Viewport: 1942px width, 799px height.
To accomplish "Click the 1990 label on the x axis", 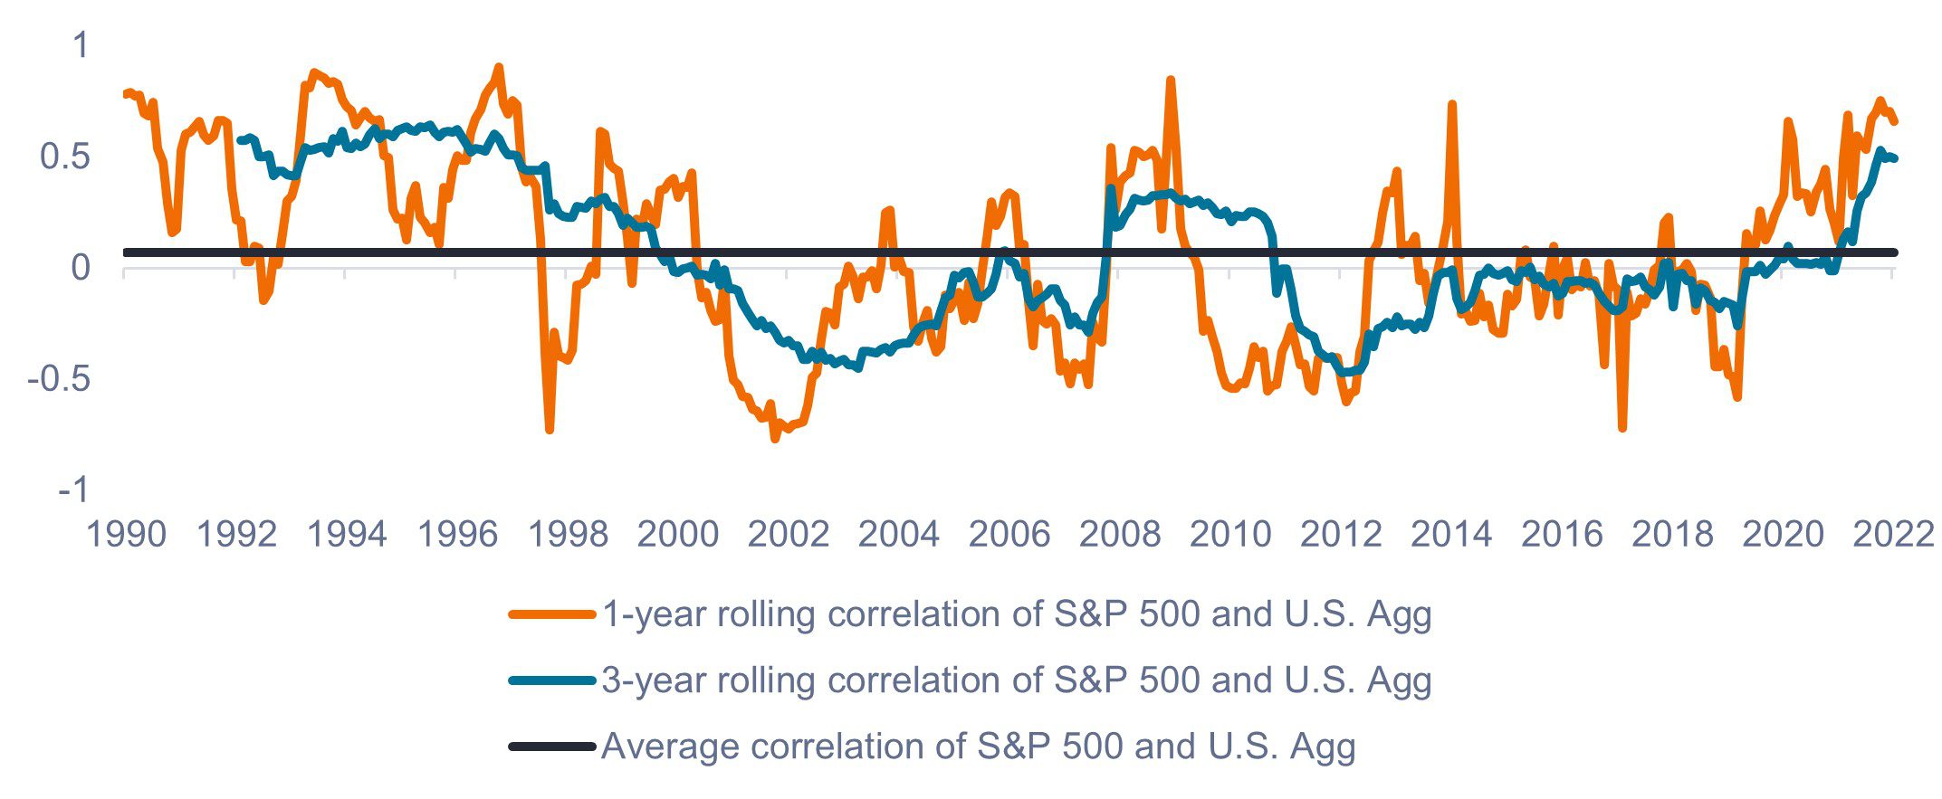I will pos(125,534).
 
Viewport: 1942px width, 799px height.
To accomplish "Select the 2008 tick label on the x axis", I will pos(1119,534).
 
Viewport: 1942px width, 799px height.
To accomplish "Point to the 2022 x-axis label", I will pos(1893,534).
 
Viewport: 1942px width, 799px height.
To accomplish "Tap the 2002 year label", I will pos(788,534).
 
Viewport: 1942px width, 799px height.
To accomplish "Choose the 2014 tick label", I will pos(1450,534).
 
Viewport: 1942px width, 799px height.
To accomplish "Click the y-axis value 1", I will pos(81,45).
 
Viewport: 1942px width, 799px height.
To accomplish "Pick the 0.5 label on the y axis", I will pos(65,157).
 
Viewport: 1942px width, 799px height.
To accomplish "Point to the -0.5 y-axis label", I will pos(59,378).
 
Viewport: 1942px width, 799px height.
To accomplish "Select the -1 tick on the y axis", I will pos(74,490).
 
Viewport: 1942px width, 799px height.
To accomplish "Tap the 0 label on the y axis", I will pos(81,268).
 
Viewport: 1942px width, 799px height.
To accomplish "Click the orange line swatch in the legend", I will pos(551,614).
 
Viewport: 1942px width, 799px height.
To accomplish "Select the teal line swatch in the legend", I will pos(551,680).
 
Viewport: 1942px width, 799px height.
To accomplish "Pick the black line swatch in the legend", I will pos(551,747).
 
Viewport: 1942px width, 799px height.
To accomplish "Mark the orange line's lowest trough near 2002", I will pos(775,439).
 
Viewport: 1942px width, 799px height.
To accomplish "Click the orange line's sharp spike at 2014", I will pos(1452,105).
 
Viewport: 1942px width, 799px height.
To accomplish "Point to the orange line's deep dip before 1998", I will pos(550,429).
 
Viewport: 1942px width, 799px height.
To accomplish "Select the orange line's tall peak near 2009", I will pos(1171,81).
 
